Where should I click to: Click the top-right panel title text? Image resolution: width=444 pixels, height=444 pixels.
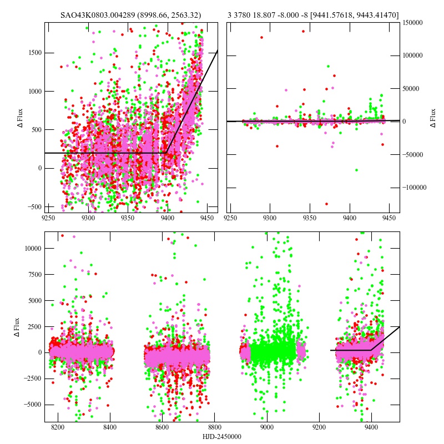tap(313, 15)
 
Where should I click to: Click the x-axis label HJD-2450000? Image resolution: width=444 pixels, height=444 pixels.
tap(222, 437)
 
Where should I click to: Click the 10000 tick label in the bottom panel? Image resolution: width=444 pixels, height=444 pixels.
tap(30, 249)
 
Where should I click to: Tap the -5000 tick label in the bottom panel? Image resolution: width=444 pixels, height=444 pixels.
tap(30, 404)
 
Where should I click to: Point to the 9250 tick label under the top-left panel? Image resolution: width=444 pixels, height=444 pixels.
tap(49, 219)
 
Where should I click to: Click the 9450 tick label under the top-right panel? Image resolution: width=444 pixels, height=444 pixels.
tap(390, 219)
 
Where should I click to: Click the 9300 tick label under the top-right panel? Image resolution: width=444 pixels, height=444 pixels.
tap(271, 219)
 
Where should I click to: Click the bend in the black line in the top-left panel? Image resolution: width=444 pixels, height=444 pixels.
tap(167, 153)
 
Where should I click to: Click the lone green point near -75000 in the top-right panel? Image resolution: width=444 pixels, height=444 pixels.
tap(356, 170)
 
